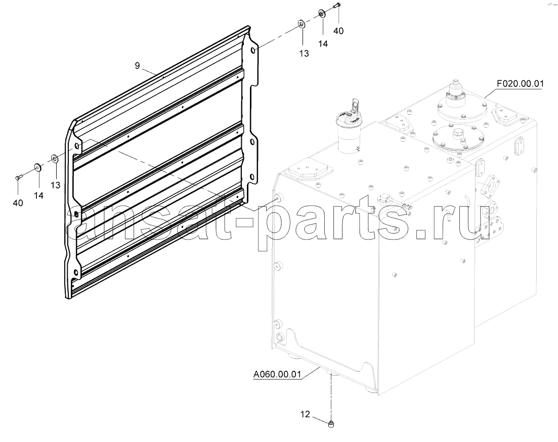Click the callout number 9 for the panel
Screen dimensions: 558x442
click(138, 65)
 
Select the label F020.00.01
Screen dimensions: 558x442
click(520, 84)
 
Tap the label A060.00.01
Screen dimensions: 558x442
click(277, 374)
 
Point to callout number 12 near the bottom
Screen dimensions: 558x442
click(306, 414)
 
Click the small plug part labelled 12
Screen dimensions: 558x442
click(332, 423)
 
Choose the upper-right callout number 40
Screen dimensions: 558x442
click(338, 31)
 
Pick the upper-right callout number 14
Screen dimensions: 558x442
click(323, 44)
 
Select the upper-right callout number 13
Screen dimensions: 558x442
click(304, 54)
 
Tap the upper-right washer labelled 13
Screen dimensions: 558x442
click(302, 24)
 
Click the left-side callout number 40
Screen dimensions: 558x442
click(18, 203)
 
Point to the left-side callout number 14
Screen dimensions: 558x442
click(38, 195)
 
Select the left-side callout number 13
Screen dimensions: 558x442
click(56, 185)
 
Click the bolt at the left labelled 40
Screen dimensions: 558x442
click(19, 177)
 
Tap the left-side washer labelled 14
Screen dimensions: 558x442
click(37, 166)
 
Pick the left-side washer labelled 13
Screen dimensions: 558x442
click(55, 158)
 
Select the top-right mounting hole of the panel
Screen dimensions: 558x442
click(252, 51)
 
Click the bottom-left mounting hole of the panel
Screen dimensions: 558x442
click(75, 272)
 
